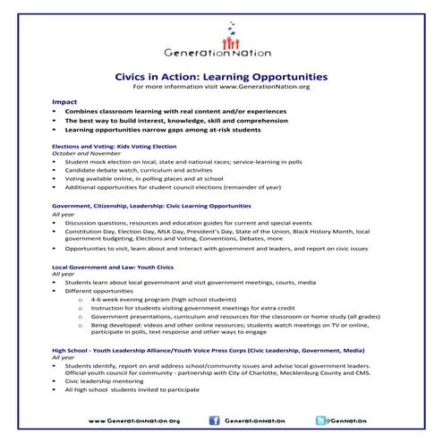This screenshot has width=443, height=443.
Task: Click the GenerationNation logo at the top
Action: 221,47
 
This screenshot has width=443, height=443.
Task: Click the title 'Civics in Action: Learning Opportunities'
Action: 221,77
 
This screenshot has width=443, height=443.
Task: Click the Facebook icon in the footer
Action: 213,420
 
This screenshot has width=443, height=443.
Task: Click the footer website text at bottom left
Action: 134,420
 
